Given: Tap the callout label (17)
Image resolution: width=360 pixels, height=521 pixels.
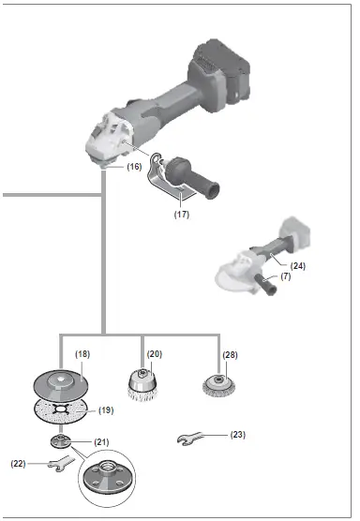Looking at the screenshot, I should (x=182, y=213).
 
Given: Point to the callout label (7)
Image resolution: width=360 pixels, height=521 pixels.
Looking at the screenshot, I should (x=285, y=277).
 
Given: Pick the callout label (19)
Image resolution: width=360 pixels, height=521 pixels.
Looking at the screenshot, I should (x=106, y=409).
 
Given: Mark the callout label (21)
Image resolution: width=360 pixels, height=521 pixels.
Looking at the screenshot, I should (x=102, y=441).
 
